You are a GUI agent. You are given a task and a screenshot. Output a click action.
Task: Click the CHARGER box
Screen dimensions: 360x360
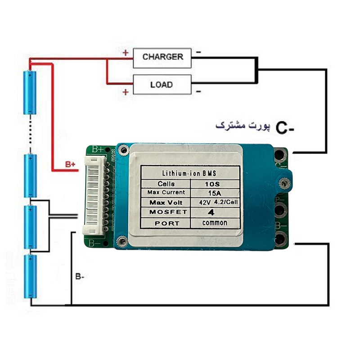click(x=162, y=57)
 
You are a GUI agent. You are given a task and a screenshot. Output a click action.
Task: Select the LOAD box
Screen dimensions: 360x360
click(x=161, y=84)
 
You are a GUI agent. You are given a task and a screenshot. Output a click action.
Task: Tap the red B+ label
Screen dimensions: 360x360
click(x=71, y=165)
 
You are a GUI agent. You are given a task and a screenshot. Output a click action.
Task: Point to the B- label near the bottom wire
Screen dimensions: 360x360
click(x=80, y=277)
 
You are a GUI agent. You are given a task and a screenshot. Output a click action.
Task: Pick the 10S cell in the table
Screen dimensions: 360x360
click(x=211, y=184)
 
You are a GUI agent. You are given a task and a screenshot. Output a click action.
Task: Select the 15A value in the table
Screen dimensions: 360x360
click(x=211, y=193)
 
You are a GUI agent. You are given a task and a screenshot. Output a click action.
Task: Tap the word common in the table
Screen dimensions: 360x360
click(x=214, y=223)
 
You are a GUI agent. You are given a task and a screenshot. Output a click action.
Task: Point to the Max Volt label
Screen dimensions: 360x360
click(x=166, y=202)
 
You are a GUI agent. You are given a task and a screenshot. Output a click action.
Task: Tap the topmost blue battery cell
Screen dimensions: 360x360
click(x=30, y=92)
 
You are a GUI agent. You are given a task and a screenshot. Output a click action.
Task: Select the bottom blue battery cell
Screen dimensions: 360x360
click(x=30, y=277)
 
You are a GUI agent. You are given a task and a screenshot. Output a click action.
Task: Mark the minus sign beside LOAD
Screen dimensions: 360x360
click(x=198, y=91)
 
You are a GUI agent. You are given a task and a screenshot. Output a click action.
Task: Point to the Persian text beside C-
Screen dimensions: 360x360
click(x=243, y=126)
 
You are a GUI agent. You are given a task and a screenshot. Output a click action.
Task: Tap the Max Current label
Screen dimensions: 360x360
click(x=166, y=193)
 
